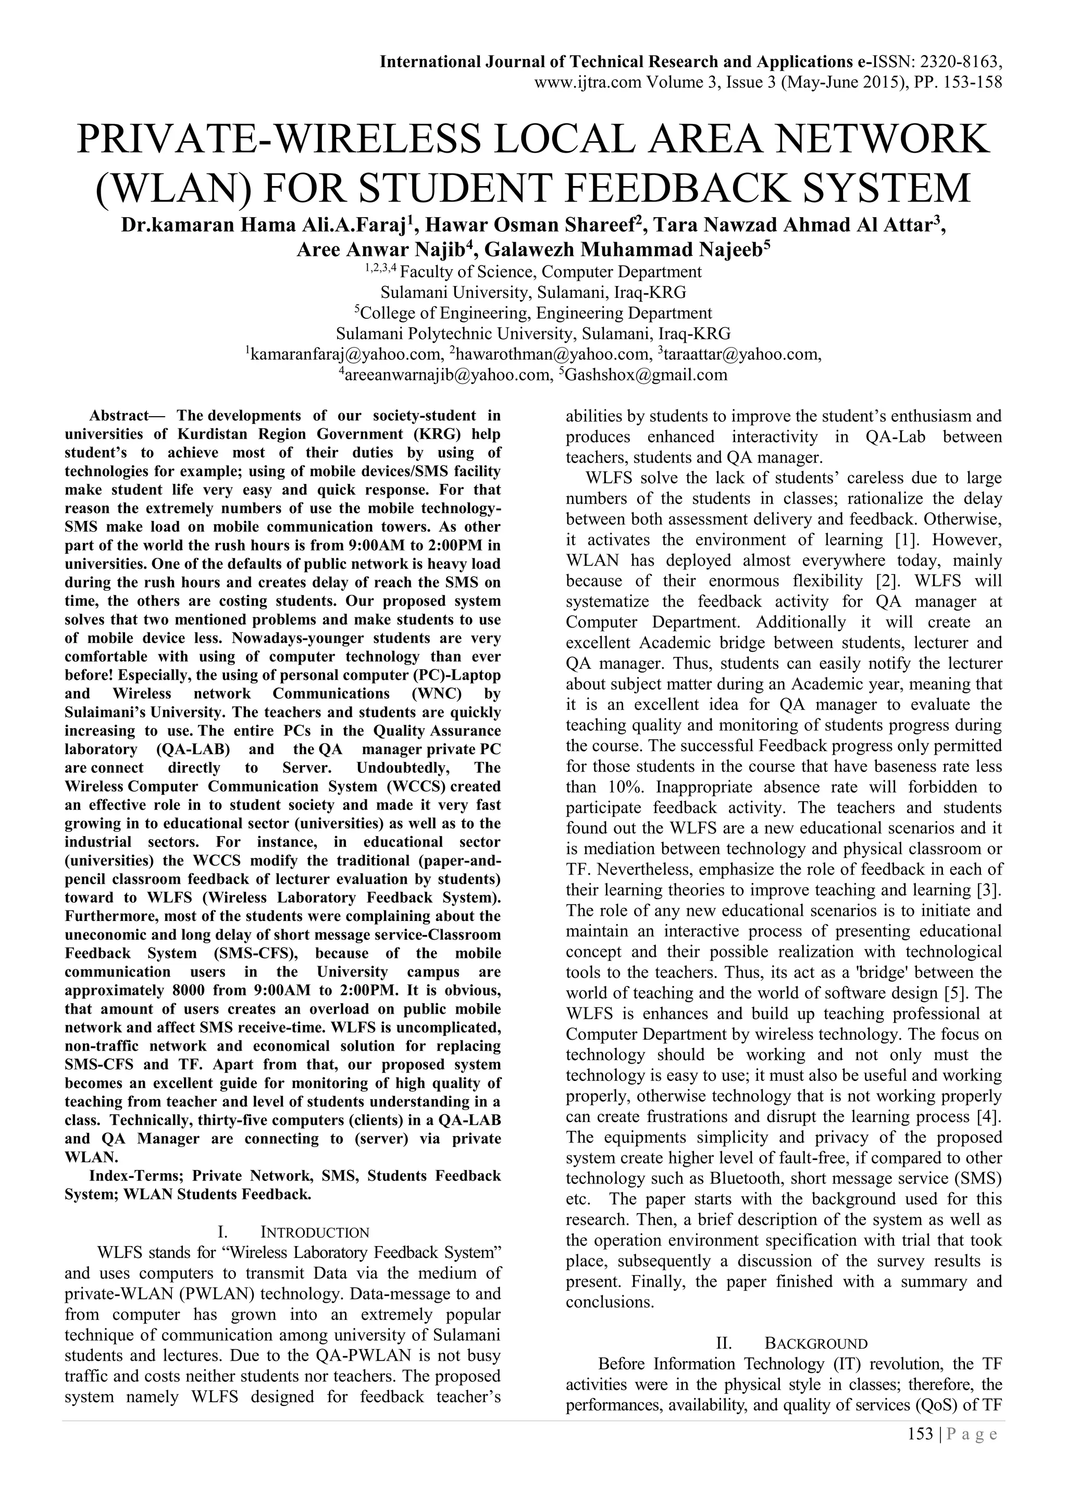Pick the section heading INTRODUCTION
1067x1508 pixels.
tap(315, 1233)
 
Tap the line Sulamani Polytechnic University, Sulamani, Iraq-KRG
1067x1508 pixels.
tap(533, 334)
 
